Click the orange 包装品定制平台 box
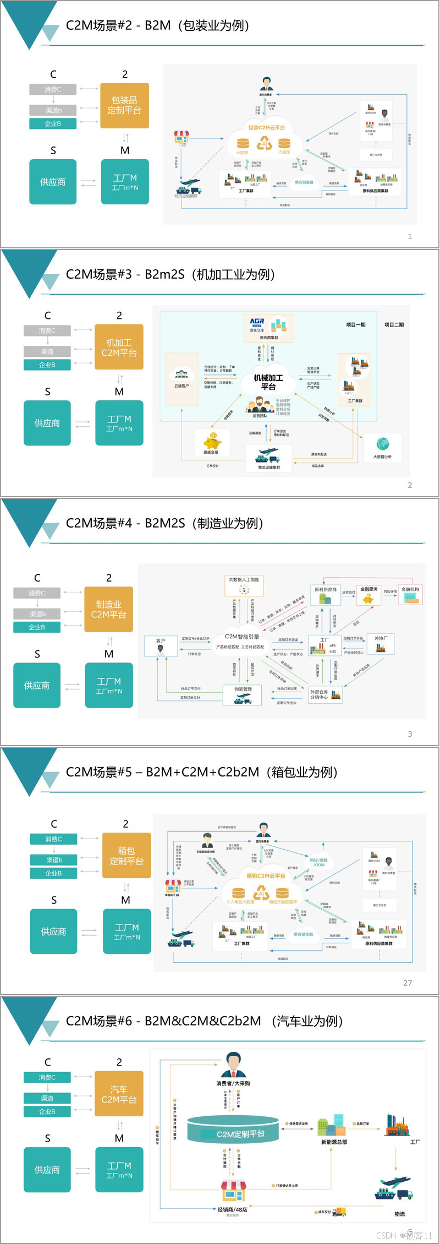click(124, 105)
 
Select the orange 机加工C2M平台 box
click(119, 347)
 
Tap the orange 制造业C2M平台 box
click(108, 609)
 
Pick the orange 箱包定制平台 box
click(127, 855)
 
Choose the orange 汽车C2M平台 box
click(119, 1094)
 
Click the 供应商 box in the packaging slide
click(53, 182)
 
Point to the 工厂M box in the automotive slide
click(119, 1170)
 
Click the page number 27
click(408, 982)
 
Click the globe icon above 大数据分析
click(383, 444)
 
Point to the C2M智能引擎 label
click(242, 637)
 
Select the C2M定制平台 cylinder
click(233, 1130)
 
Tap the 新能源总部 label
click(334, 1142)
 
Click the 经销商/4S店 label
click(232, 1210)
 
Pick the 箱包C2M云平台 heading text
click(266, 876)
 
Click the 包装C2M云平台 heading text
click(266, 128)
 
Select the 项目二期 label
click(394, 325)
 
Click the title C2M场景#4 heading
click(164, 523)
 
